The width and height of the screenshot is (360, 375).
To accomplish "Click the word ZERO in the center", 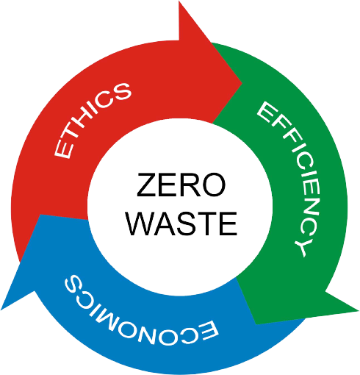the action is [181, 185].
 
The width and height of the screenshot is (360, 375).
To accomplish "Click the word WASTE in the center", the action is [181, 224].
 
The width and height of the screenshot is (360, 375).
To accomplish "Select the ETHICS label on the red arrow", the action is [93, 120].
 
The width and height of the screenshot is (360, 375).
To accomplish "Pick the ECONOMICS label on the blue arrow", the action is [140, 313].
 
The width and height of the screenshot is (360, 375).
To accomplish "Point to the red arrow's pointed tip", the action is [242, 83].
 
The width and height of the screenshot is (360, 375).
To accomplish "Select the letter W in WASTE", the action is [140, 224].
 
